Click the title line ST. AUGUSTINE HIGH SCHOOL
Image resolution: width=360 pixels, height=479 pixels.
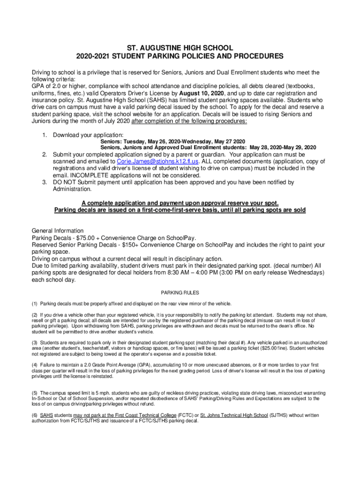point(180,48)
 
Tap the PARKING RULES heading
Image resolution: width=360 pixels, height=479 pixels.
point(180,293)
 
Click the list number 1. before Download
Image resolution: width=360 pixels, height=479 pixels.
point(45,135)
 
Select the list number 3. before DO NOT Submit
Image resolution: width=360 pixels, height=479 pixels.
point(45,182)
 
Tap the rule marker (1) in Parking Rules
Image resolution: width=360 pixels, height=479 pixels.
point(35,304)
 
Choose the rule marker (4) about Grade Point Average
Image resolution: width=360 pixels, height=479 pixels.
point(35,365)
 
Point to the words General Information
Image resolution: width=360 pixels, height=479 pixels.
point(58,231)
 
